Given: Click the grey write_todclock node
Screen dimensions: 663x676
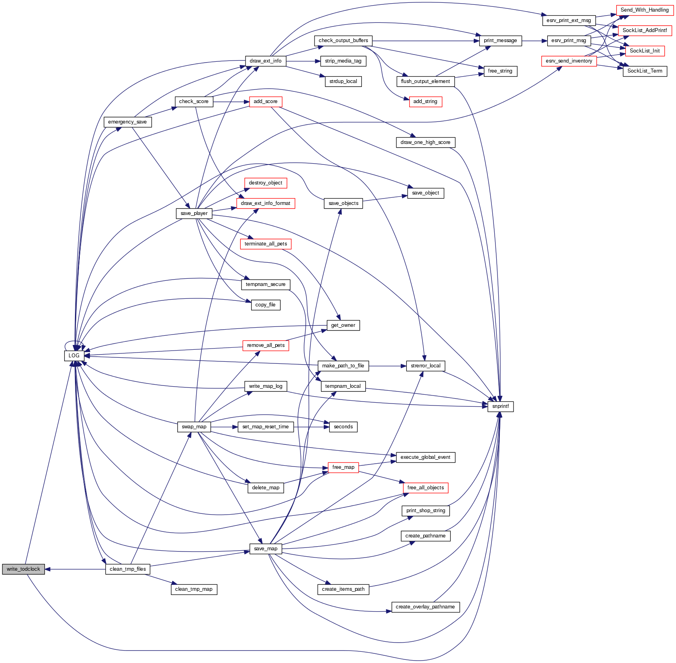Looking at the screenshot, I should point(23,569).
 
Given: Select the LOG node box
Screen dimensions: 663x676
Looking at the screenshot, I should point(74,355).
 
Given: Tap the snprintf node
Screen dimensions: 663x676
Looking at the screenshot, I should point(500,406).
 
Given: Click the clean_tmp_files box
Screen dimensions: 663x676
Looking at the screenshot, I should point(128,569).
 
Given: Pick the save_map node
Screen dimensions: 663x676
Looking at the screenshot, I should point(266,549).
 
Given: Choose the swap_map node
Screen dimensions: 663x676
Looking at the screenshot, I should point(194,427).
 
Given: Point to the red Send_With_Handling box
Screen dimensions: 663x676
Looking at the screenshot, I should point(644,10).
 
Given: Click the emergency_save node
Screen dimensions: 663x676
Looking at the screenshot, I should point(128,122).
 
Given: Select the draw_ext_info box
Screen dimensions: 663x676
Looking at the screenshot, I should point(266,61).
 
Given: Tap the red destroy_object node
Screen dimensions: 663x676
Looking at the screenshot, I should point(266,183).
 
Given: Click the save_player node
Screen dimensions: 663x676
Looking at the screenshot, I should point(194,213).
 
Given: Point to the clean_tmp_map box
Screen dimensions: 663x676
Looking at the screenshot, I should point(194,589).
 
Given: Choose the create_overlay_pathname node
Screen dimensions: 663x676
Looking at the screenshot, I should point(425,607).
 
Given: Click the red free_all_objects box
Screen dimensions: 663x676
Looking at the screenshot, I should point(425,488).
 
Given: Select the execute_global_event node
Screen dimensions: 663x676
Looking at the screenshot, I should point(425,457).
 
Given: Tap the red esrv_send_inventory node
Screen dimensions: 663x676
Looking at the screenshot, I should point(569,61).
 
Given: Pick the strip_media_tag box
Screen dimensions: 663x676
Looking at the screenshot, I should point(343,61).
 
